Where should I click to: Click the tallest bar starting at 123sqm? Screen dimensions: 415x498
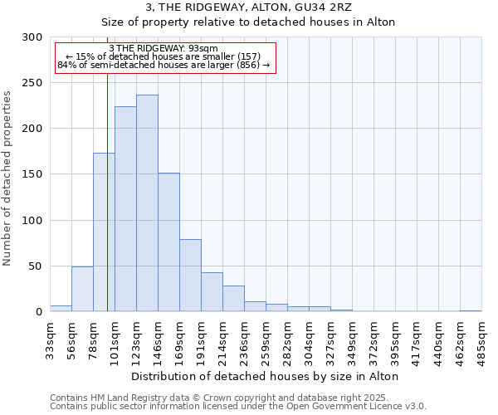point(147,203)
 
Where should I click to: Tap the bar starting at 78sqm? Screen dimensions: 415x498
point(104,232)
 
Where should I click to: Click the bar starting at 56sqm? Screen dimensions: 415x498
point(82,289)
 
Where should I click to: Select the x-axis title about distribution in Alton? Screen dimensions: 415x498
point(266,376)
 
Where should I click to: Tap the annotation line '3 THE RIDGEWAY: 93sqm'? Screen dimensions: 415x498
point(164,49)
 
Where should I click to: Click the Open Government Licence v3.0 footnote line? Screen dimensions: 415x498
point(238,407)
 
